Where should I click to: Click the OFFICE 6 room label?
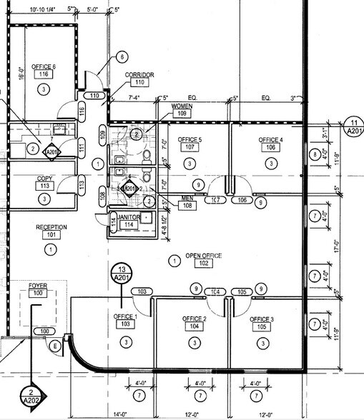[x=44, y=66]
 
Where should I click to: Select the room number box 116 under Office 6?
[x=44, y=75]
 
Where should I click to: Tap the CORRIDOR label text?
[x=140, y=74]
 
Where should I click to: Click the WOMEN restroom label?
[x=182, y=106]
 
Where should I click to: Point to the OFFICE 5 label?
[x=190, y=139]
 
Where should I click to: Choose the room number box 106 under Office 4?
[x=271, y=148]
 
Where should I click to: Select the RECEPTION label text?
[x=51, y=227]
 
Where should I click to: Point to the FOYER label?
[x=38, y=286]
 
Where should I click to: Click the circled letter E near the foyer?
[x=55, y=346]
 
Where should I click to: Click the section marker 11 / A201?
[x=352, y=126]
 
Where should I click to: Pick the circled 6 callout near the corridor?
[x=122, y=56]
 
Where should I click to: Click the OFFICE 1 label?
[x=125, y=316]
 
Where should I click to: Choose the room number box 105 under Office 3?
[x=262, y=327]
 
